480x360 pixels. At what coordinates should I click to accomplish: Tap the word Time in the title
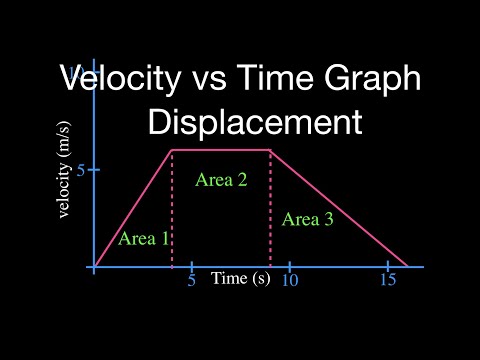coord(264,78)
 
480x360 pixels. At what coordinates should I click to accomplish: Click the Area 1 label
coord(144,238)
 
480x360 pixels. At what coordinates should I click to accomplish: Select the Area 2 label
coord(221,181)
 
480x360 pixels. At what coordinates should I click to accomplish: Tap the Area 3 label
coord(307,220)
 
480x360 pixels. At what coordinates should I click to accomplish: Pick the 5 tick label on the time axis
coord(191,281)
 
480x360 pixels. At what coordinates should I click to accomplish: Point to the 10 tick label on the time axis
coord(289,281)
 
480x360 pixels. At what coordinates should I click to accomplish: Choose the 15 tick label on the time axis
coord(387,281)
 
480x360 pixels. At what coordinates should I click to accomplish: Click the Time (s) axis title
coord(240,278)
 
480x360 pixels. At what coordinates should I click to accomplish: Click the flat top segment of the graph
coord(221,150)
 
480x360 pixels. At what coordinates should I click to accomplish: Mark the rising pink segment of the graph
coord(133,209)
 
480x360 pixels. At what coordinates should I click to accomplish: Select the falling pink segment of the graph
coord(340,209)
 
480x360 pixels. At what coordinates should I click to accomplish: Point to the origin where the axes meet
coord(94,267)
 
